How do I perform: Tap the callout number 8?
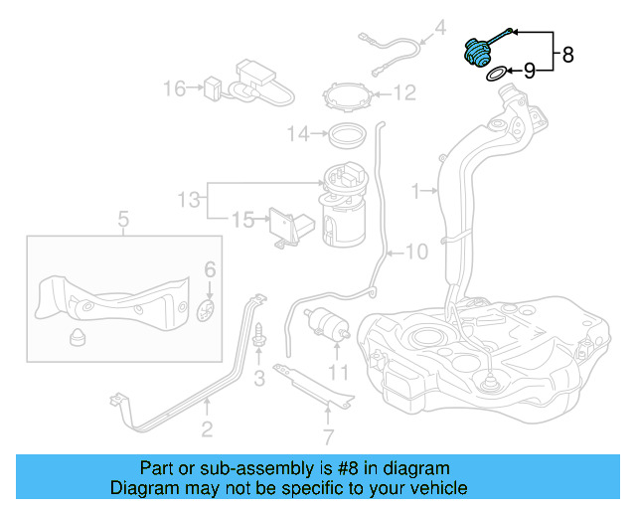tap(567, 56)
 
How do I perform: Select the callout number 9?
tap(529, 71)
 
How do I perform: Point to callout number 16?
tap(175, 89)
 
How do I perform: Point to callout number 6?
tap(210, 269)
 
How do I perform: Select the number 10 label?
tap(415, 253)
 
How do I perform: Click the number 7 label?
tap(328, 435)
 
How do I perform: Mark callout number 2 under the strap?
tap(207, 429)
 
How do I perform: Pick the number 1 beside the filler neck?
tap(416, 189)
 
